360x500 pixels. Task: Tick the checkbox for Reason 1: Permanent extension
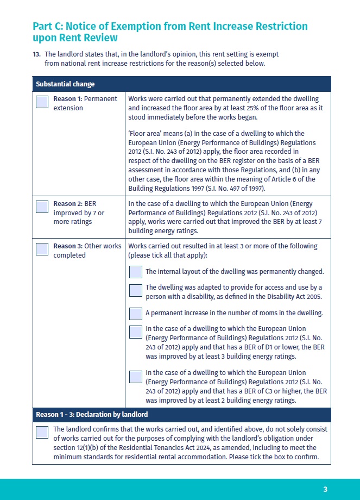tap(42, 102)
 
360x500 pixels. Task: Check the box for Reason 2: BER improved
tap(42, 207)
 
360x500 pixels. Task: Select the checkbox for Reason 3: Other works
tap(42, 249)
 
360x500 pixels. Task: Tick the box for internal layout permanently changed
tap(136, 272)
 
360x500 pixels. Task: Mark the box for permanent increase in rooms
tap(136, 314)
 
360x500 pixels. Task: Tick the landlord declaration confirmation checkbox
tap(42, 433)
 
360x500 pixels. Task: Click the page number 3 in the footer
tap(325, 489)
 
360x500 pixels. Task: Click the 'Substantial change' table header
tap(65, 84)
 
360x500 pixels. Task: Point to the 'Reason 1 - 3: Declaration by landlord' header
tap(92, 415)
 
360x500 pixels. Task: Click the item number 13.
tap(36, 54)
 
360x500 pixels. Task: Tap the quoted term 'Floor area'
tap(142, 133)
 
